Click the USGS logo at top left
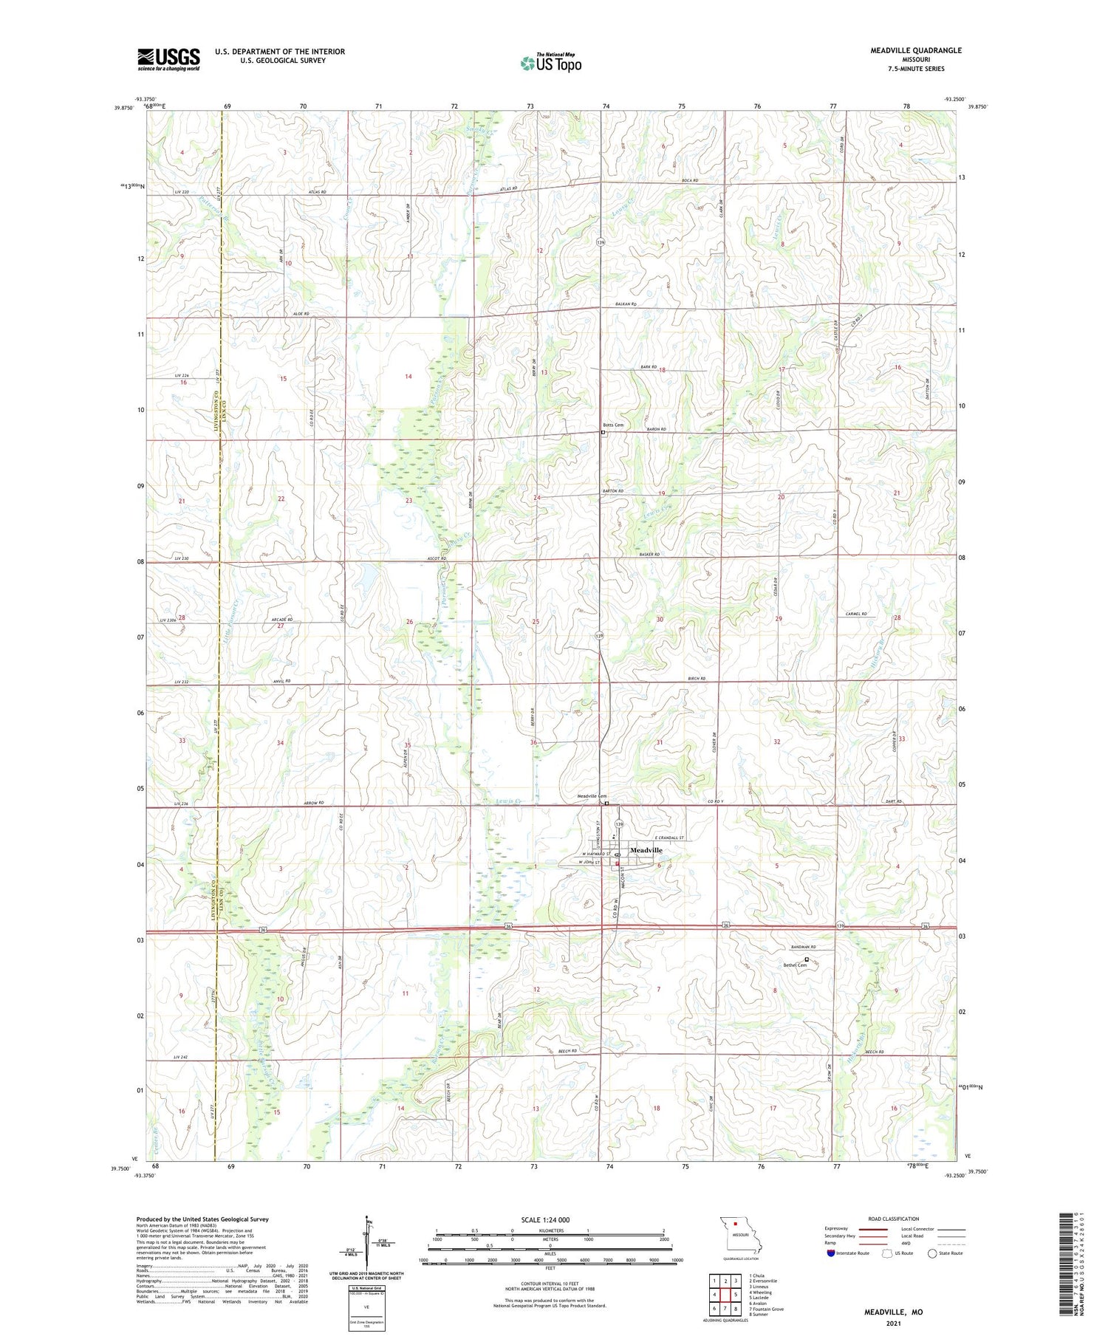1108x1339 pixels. click(x=168, y=59)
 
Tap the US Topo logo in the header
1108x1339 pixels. click(x=550, y=64)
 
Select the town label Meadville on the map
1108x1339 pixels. click(x=646, y=850)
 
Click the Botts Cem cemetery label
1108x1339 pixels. click(x=613, y=425)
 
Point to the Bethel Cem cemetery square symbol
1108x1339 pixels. click(x=807, y=959)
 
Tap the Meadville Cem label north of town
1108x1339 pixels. click(x=590, y=796)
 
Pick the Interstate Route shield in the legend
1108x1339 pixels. click(x=831, y=1253)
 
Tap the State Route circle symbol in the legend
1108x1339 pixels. click(x=933, y=1253)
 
